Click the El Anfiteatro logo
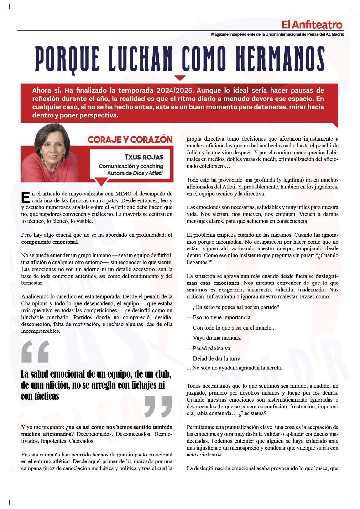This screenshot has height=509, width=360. click(x=312, y=25)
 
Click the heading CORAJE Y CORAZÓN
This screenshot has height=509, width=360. click(x=130, y=140)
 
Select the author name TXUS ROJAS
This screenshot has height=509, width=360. click(x=144, y=157)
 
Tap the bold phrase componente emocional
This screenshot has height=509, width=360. click(x=49, y=242)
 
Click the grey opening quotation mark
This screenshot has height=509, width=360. click(x=35, y=352)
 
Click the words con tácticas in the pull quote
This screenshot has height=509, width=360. click(x=40, y=396)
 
